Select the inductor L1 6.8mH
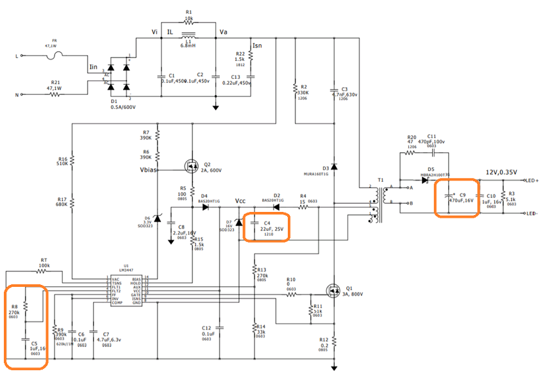tap(188, 36)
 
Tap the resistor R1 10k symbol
tap(188, 20)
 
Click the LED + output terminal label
tap(530, 181)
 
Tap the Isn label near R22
tap(257, 46)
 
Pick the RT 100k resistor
tap(44, 271)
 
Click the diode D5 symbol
tap(425, 181)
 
